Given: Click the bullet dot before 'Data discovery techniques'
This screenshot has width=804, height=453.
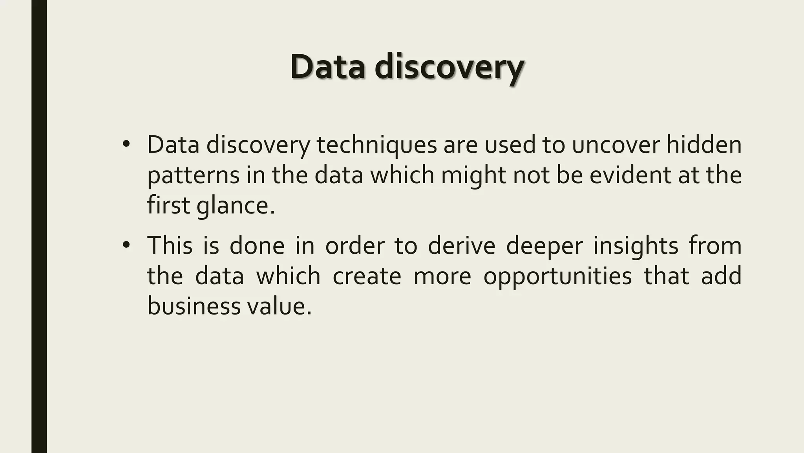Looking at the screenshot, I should tap(126, 144).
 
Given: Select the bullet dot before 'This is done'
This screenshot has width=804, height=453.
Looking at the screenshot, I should tap(126, 245).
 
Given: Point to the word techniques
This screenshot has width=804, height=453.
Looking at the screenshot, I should tap(376, 145).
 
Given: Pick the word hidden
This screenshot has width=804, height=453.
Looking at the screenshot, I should tap(704, 145).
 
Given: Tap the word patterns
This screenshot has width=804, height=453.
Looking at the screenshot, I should tap(193, 175).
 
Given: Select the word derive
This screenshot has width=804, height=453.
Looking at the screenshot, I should tap(462, 245).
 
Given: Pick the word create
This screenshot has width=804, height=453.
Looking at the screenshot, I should tap(367, 276).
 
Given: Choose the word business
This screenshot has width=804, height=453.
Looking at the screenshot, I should tap(193, 306).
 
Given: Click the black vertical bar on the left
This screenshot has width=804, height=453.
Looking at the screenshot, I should tap(39, 226).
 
